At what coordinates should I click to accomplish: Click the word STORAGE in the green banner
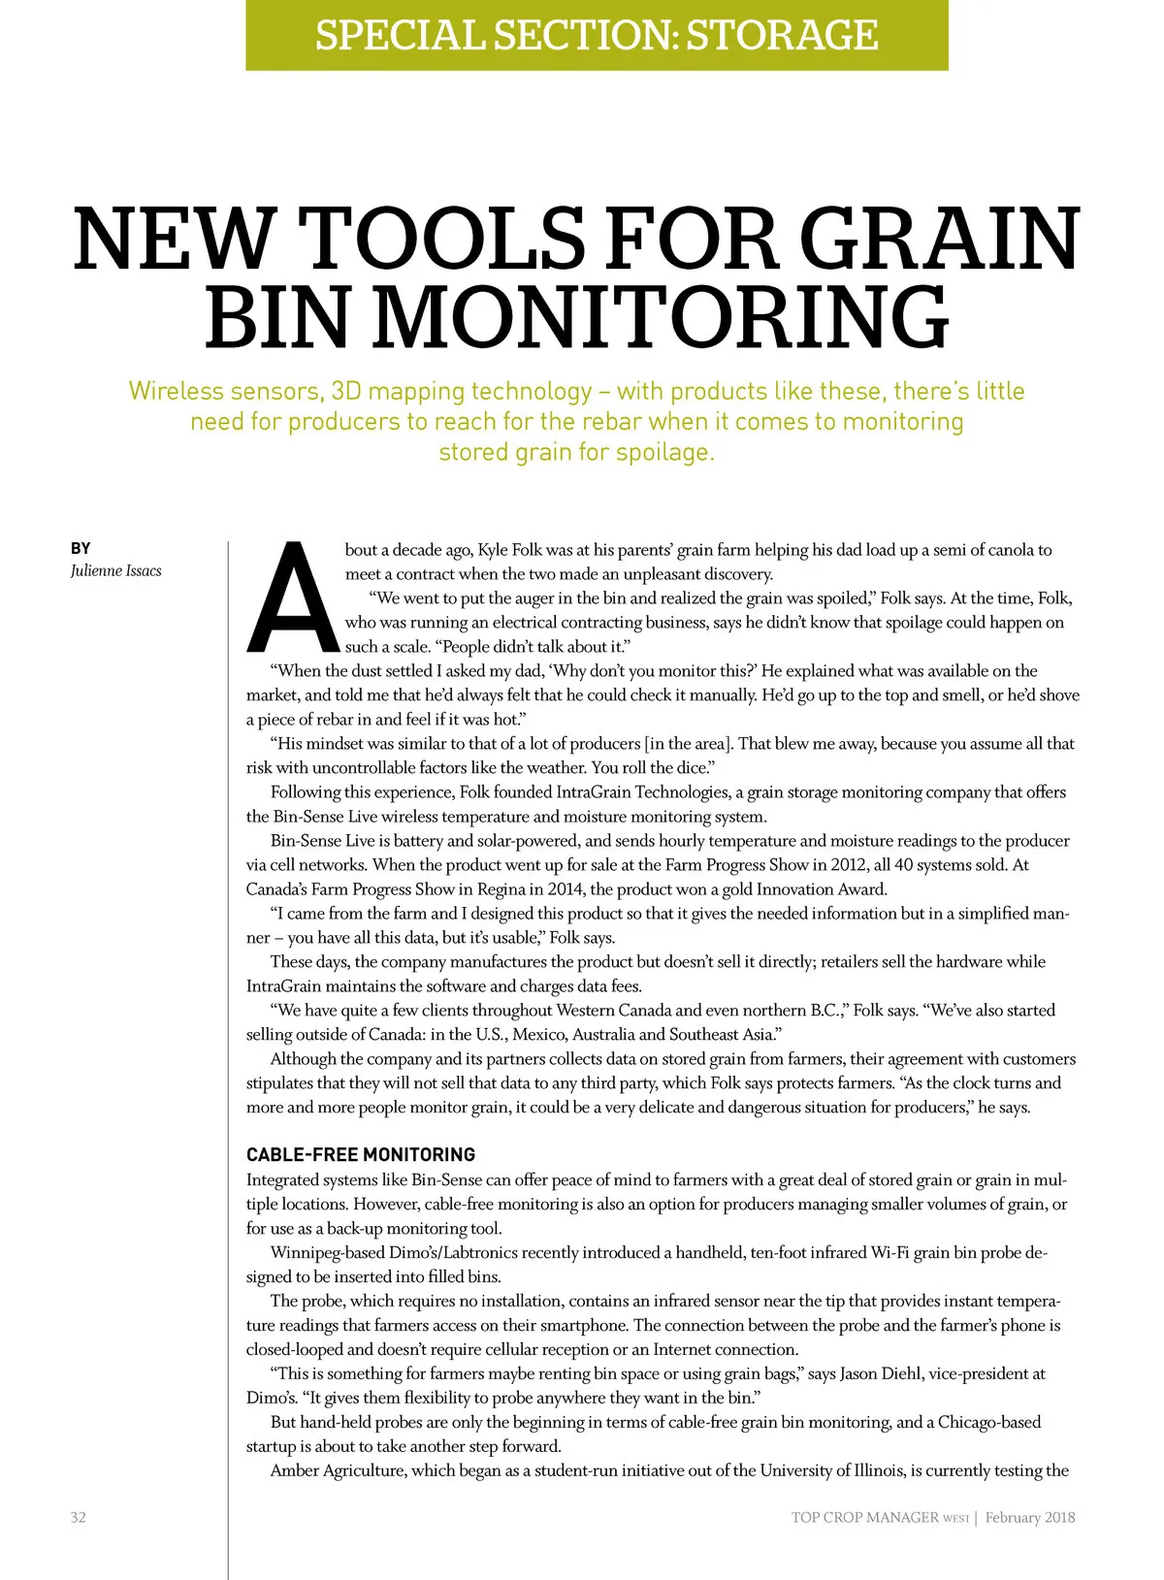click(781, 35)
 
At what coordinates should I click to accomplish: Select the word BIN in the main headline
click(275, 317)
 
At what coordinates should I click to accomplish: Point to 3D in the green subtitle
click(345, 391)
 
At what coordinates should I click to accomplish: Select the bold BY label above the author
click(81, 548)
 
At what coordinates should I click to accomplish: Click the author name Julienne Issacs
click(115, 570)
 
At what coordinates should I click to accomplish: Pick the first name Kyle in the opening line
click(493, 550)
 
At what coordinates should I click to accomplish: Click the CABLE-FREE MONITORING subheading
click(361, 1154)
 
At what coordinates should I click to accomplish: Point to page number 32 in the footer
click(78, 1517)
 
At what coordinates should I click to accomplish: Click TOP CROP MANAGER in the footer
click(864, 1517)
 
